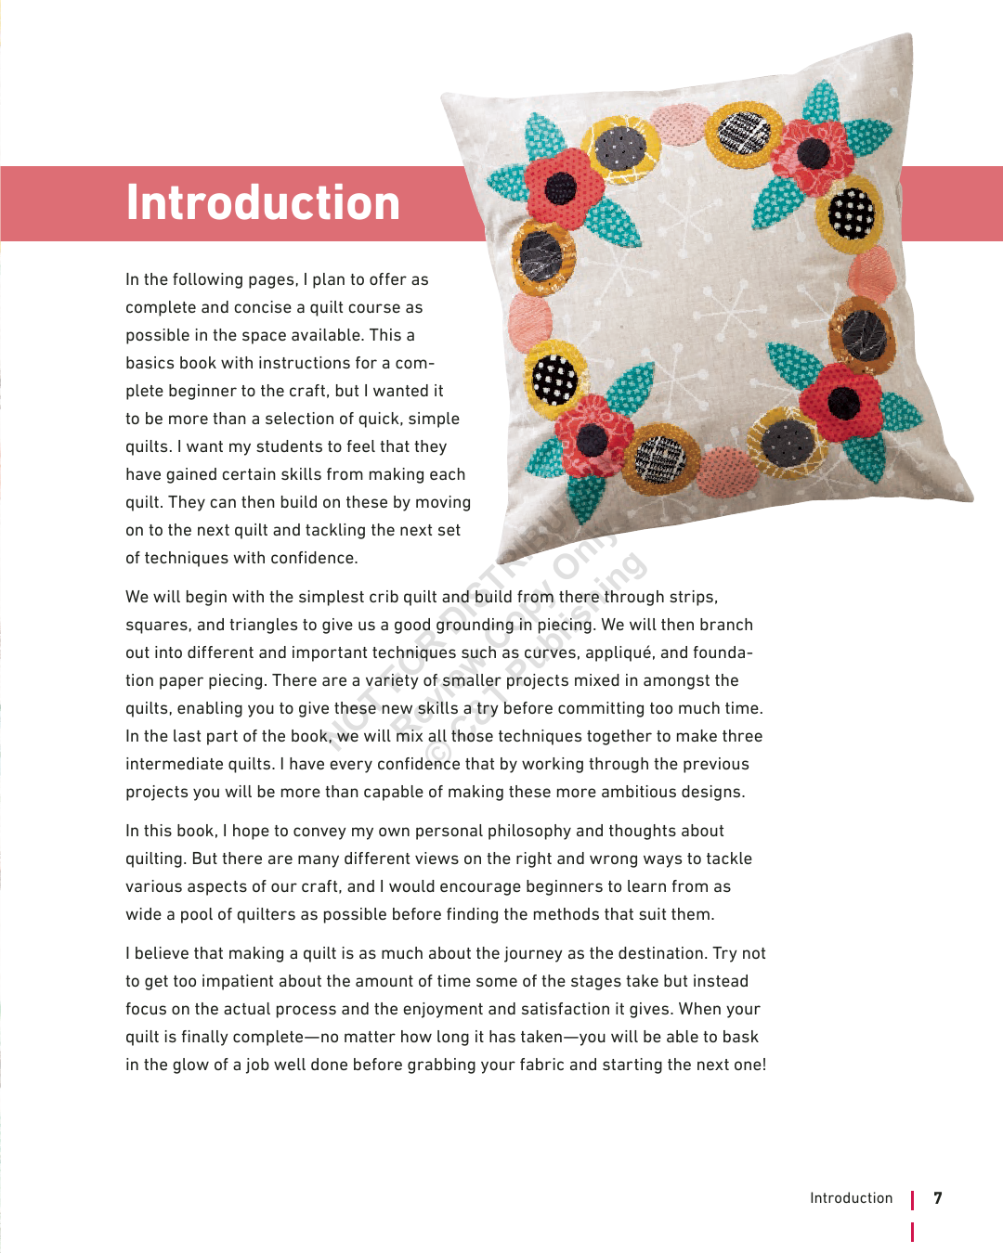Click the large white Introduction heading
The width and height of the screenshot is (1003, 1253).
click(263, 202)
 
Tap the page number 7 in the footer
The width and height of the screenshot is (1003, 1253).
click(938, 1198)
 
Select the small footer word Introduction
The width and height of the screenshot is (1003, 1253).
click(851, 1198)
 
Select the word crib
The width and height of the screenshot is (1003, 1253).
click(384, 597)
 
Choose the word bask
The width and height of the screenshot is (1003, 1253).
click(740, 1037)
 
